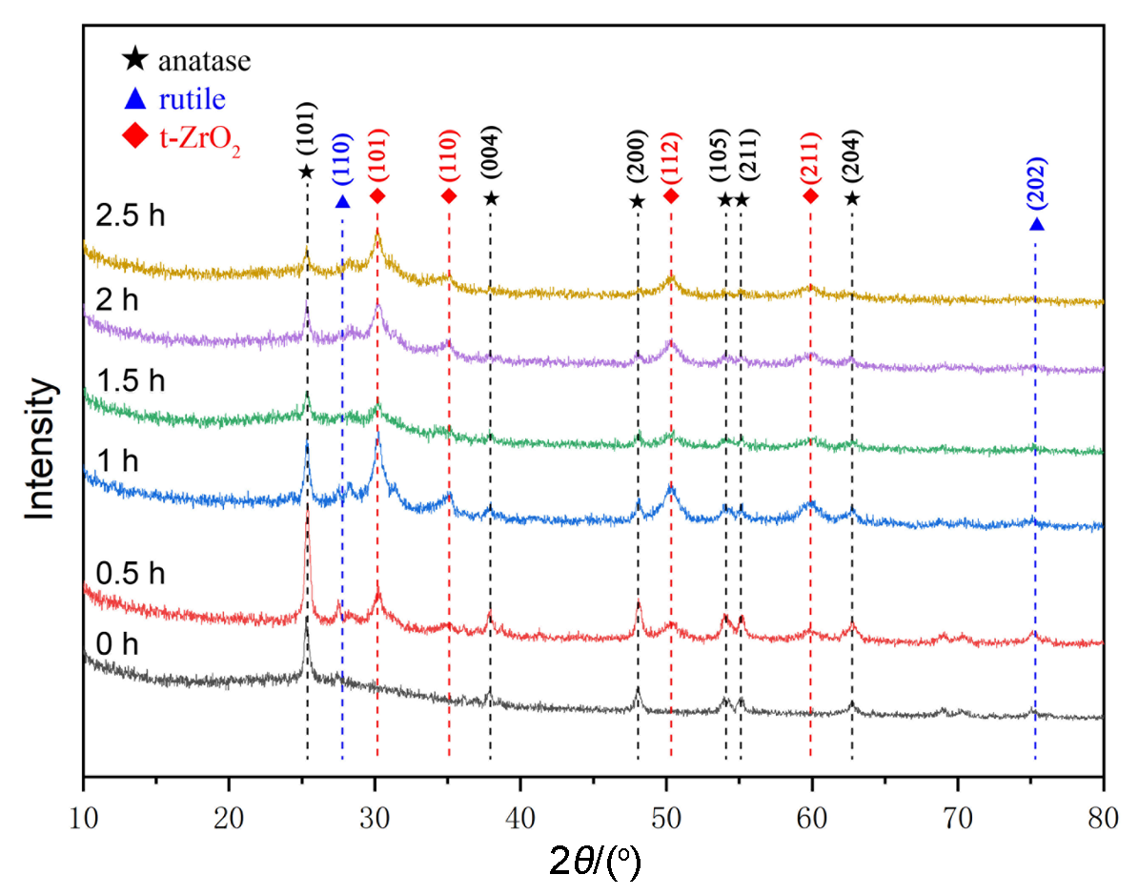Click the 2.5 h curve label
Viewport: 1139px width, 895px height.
click(x=131, y=215)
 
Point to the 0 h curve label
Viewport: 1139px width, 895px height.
click(x=118, y=644)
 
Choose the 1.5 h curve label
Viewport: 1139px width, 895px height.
click(x=131, y=381)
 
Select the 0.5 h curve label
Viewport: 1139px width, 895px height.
click(x=131, y=574)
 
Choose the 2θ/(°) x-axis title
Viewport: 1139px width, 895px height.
click(x=595, y=844)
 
